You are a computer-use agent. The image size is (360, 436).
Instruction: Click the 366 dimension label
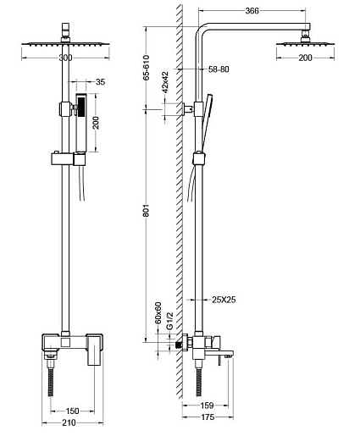252,11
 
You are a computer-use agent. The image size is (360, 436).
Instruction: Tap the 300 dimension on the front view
65,58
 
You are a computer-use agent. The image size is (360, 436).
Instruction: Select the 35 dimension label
100,82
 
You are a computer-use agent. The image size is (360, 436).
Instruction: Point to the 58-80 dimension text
219,69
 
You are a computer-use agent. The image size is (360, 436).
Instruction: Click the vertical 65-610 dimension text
146,68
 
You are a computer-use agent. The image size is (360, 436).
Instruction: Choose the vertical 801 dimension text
146,210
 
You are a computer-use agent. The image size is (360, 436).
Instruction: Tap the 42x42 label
165,82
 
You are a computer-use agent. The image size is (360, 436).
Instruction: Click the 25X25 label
224,300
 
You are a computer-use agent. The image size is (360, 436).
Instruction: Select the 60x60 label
158,313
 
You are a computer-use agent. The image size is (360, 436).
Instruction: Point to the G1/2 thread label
169,321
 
